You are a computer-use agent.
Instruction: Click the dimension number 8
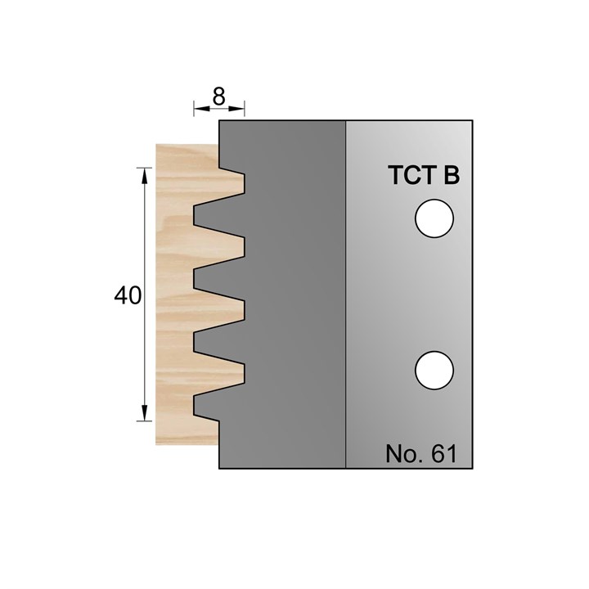tap(218, 96)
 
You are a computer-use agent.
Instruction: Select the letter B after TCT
tap(451, 177)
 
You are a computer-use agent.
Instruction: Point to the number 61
tap(443, 454)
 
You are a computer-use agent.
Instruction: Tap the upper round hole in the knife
tap(434, 219)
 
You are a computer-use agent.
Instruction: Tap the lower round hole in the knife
tap(434, 371)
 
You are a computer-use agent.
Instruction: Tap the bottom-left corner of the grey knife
tap(220, 469)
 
